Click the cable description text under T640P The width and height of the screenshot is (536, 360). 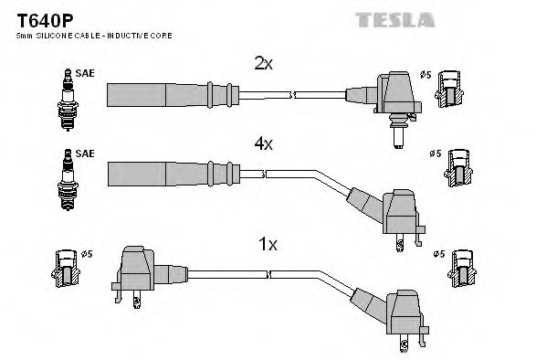(x=93, y=35)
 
